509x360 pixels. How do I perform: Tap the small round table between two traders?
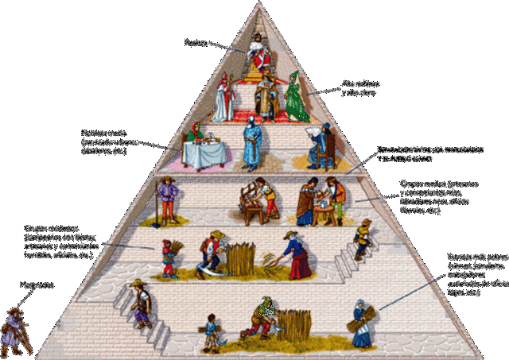click(324, 208)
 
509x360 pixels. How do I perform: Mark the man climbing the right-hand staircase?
click(363, 238)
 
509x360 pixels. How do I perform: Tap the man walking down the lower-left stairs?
click(142, 304)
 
